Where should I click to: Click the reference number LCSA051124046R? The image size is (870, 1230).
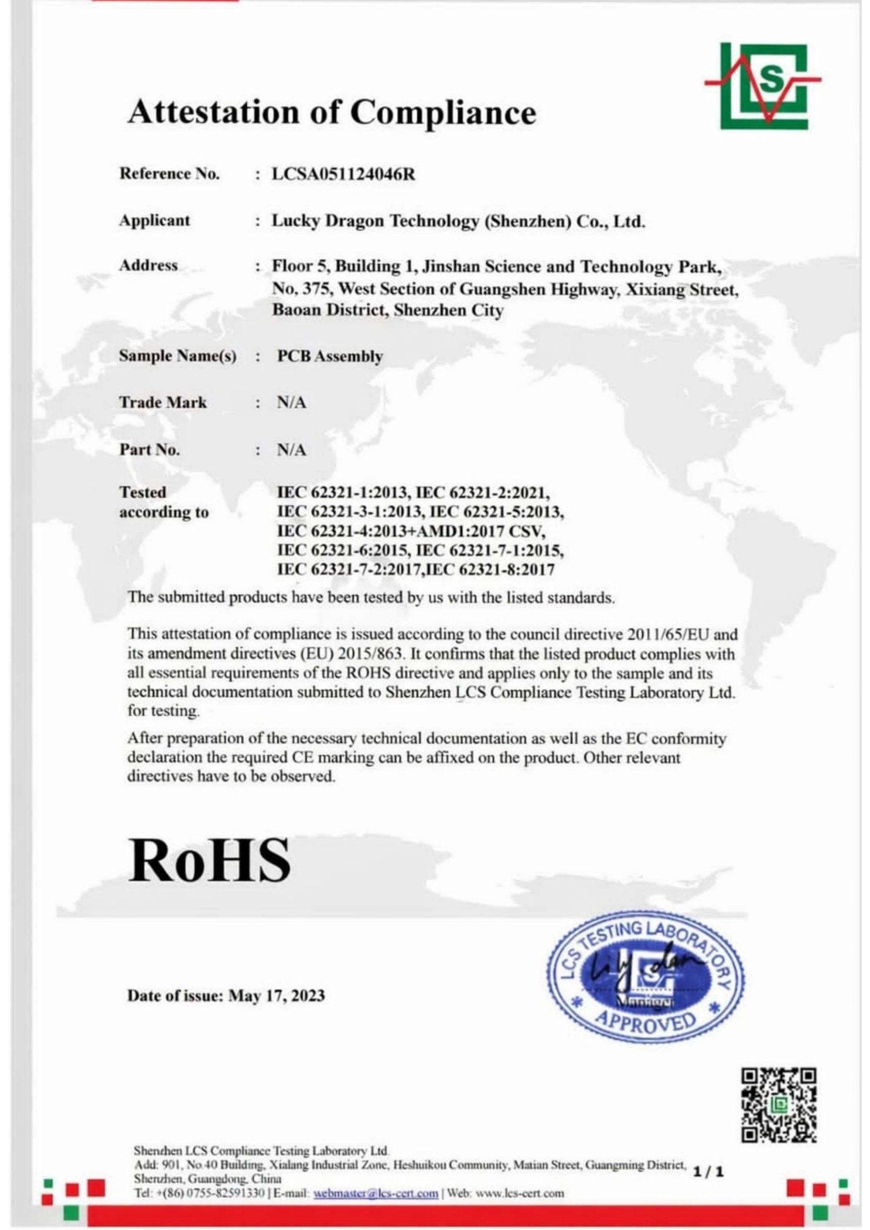[x=344, y=175]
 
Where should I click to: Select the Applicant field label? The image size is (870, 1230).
[x=154, y=220]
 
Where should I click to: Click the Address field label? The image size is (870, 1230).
[x=148, y=265]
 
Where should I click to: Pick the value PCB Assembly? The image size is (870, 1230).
[x=329, y=356]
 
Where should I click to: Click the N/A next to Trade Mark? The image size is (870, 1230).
[x=292, y=403]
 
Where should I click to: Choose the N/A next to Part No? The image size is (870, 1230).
[x=292, y=450]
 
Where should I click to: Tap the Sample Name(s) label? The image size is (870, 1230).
[x=177, y=356]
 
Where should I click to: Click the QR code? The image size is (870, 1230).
[x=779, y=1105]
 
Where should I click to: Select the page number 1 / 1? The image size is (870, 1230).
[x=708, y=1172]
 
